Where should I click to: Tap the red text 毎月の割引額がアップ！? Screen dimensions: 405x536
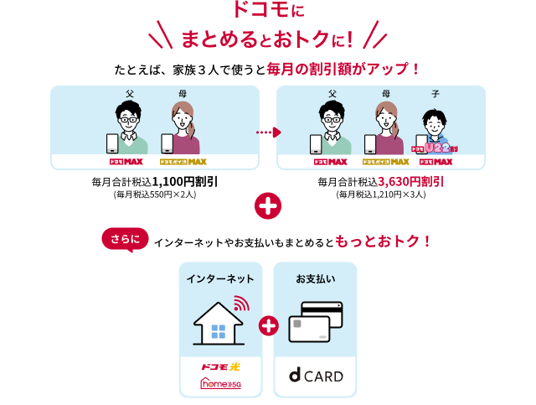click(x=342, y=68)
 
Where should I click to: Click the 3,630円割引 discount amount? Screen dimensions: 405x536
click(x=410, y=180)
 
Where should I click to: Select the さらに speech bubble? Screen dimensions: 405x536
click(x=125, y=239)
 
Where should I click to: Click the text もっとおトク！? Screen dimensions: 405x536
click(x=383, y=241)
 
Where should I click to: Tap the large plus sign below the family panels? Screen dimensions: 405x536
click(x=267, y=205)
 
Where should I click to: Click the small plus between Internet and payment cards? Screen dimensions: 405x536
click(x=268, y=326)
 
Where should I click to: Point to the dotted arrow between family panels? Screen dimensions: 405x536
click(x=268, y=132)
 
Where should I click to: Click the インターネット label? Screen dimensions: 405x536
click(x=220, y=278)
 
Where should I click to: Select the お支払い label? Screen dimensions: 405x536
click(x=315, y=278)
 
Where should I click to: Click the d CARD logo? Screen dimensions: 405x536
click(x=316, y=376)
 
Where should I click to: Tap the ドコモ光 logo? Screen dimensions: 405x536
click(x=220, y=366)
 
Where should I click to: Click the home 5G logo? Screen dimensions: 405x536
click(x=220, y=384)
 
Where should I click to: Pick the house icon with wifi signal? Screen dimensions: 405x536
click(x=220, y=321)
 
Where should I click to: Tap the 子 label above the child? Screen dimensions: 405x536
click(x=435, y=94)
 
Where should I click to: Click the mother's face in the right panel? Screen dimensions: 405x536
click(x=386, y=117)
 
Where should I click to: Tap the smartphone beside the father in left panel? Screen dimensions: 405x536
click(x=112, y=143)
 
